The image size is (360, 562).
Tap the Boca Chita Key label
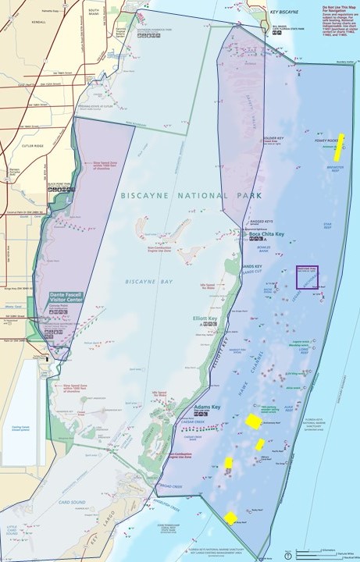[x=266, y=233]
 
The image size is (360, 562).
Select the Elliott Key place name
[x=206, y=318]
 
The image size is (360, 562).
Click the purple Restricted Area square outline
[x=306, y=277]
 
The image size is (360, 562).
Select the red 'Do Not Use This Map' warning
[x=338, y=12]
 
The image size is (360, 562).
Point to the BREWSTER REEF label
[x=334, y=168]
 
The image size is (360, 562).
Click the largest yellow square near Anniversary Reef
[x=253, y=421]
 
